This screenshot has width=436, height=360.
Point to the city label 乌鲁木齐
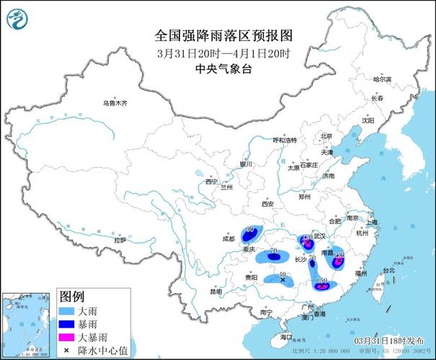(114, 104)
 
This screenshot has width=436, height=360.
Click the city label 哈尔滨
(382, 78)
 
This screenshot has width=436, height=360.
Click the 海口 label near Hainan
(285, 336)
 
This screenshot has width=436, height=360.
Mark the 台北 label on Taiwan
(388, 270)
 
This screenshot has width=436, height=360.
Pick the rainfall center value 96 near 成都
(251, 229)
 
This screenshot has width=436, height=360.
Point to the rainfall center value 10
(282, 274)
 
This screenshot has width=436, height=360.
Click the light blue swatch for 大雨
(68, 310)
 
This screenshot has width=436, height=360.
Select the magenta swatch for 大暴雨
(68, 336)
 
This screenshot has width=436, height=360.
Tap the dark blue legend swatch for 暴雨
(68, 323)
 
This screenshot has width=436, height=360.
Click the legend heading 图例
(72, 297)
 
